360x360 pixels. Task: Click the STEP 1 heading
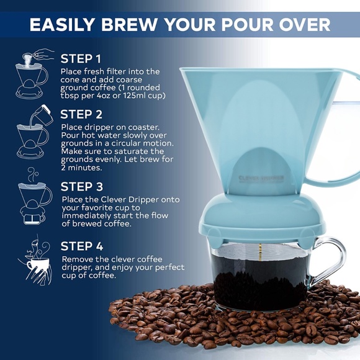pyautogui.click(x=81, y=59)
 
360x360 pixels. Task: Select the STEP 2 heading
pyautogui.click(x=81, y=114)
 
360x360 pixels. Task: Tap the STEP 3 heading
pyautogui.click(x=81, y=186)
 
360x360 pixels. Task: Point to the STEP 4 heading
pyautogui.click(x=81, y=245)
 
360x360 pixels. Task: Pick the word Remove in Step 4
pyautogui.click(x=78, y=258)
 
